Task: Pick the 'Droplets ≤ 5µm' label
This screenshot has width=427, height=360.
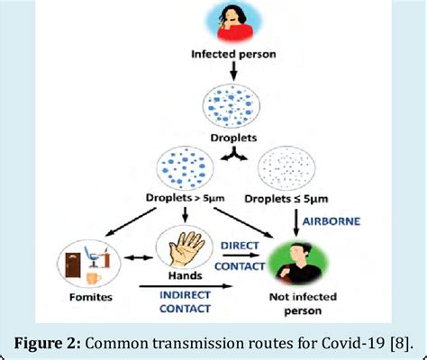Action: [295, 196]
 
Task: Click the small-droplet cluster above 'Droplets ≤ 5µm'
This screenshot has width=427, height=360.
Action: [294, 166]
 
